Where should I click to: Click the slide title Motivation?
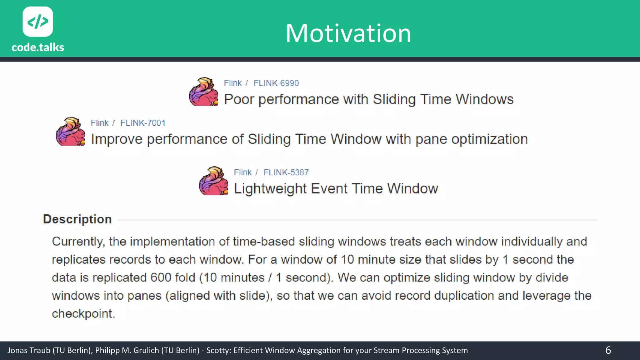point(348,33)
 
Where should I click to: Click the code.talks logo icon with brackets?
point(38,22)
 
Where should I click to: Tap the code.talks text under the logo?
point(38,47)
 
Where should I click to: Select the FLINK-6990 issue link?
point(276,83)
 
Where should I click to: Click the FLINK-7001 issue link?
point(143,123)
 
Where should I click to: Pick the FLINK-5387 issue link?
point(286,172)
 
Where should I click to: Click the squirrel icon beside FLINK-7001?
point(70,131)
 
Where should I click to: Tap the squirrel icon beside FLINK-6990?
point(203,92)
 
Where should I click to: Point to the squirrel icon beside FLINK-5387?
point(213,181)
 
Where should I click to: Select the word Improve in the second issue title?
point(117,139)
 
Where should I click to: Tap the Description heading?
point(77,219)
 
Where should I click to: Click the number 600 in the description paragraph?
point(161,277)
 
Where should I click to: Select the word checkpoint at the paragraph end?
point(83,313)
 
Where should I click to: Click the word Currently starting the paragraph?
point(78,242)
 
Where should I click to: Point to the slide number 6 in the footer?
point(608,350)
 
